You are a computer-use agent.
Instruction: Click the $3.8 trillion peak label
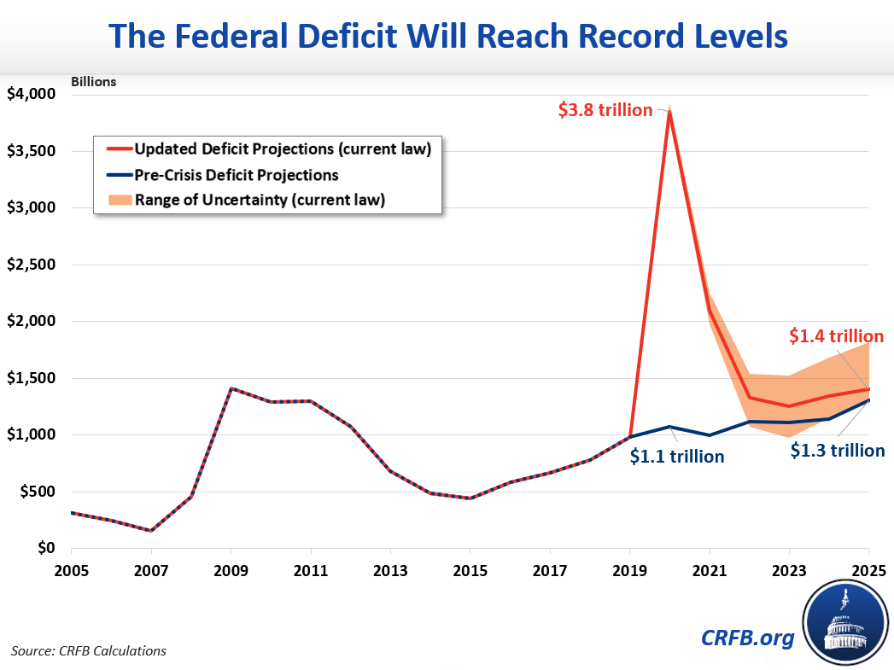click(605, 110)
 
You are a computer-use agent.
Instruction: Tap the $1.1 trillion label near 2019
click(677, 457)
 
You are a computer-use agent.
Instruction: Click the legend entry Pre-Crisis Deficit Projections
click(237, 175)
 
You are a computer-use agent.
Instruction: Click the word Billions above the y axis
click(93, 83)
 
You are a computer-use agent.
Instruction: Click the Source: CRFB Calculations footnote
click(89, 651)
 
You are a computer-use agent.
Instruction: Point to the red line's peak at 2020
click(669, 112)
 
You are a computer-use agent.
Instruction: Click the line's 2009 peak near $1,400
click(231, 388)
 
